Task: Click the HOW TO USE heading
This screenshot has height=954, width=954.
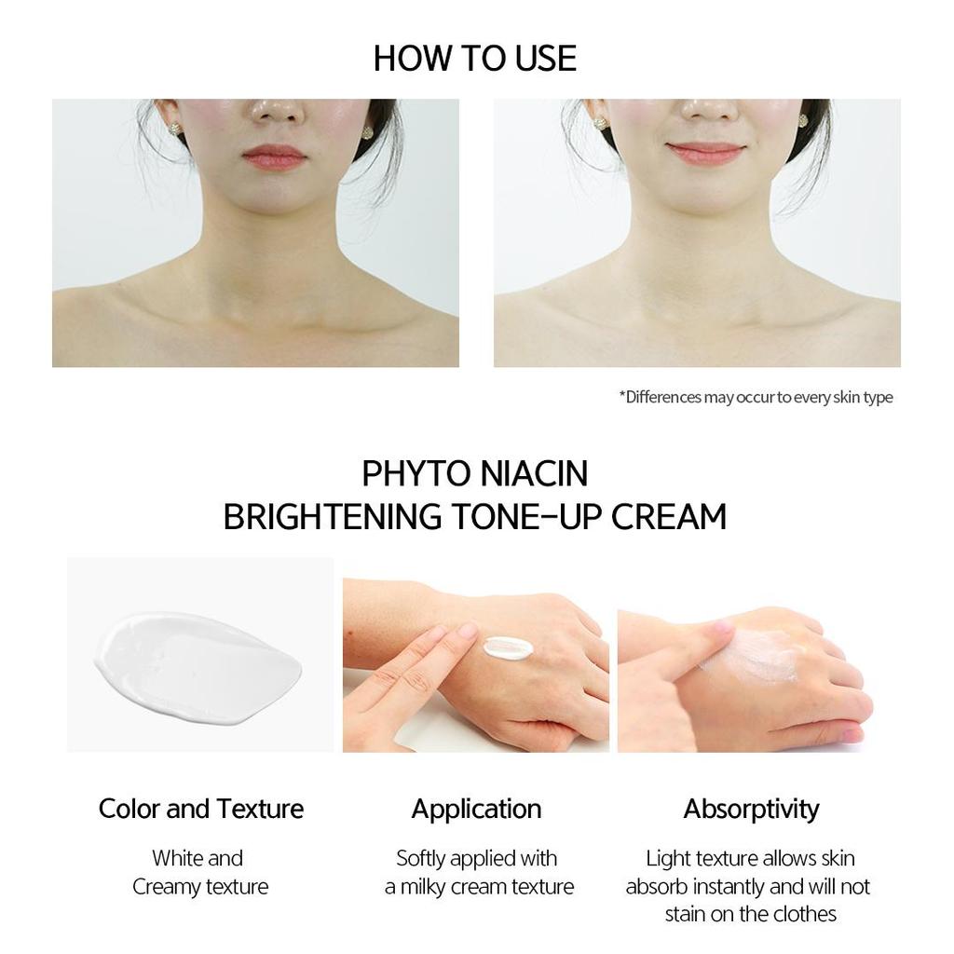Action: (x=475, y=58)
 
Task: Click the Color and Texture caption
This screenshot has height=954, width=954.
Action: (x=201, y=809)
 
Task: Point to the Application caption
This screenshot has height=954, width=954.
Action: (x=476, y=809)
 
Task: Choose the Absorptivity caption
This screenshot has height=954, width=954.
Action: (x=751, y=809)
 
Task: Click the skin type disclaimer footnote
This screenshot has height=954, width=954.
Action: (x=756, y=398)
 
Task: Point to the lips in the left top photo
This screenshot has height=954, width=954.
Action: (x=274, y=157)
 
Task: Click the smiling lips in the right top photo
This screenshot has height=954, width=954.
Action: (x=705, y=153)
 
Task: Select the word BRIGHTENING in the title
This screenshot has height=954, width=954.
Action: (x=333, y=516)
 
